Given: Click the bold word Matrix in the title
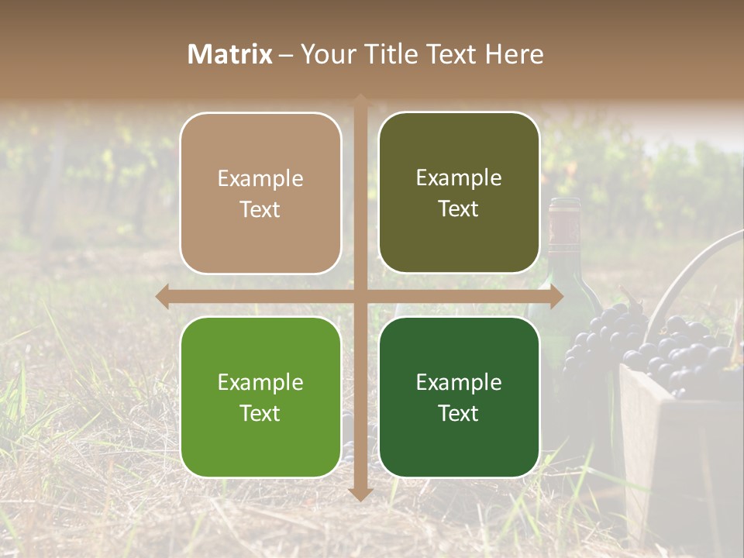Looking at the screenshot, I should click(230, 54).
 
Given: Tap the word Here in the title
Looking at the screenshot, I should click(514, 54).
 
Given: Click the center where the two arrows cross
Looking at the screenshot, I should click(360, 296).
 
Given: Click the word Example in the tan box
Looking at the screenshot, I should click(260, 179).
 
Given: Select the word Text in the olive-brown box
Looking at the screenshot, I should click(459, 208).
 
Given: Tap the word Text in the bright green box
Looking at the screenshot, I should click(260, 413).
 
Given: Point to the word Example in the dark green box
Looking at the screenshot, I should click(459, 382).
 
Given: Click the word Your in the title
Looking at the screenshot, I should click(325, 54).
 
